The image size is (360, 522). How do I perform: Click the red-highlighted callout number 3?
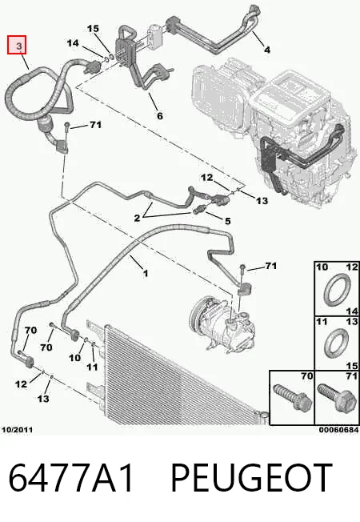point(19,46)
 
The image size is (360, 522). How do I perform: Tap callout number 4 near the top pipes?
point(267,50)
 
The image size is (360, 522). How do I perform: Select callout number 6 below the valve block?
point(160,115)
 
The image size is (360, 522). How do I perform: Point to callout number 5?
point(227,221)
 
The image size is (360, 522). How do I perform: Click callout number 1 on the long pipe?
point(146,274)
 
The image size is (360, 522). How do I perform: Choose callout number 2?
point(137,218)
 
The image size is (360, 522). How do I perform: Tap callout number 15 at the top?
point(93,29)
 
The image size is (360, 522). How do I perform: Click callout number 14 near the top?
point(73,43)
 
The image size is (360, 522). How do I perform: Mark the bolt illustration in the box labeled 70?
point(292,400)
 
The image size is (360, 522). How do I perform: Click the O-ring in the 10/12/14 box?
point(337,290)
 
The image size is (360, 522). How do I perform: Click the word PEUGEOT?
point(251,477)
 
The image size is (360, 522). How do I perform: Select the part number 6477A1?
point(70,477)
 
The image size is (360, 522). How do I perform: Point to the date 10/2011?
point(18,430)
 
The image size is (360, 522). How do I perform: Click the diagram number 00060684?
point(338,430)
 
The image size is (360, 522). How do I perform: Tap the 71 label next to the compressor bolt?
point(271,266)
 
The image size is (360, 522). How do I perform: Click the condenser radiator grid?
point(180,376)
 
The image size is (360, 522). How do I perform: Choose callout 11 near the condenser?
point(92,367)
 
